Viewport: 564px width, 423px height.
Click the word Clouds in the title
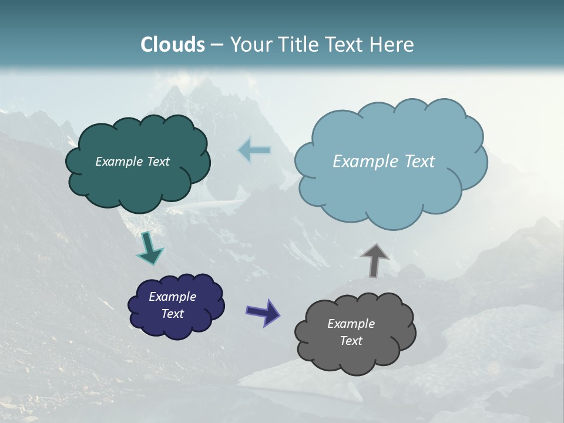click(x=173, y=45)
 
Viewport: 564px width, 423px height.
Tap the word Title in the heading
click(x=297, y=45)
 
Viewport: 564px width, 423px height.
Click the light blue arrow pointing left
click(x=254, y=150)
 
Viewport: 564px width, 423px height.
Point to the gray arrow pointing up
click(x=375, y=260)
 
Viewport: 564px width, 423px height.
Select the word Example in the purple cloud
click(x=172, y=297)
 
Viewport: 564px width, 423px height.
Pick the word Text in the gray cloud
click(x=351, y=341)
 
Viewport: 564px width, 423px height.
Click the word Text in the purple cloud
click(x=172, y=314)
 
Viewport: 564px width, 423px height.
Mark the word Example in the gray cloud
click(x=351, y=324)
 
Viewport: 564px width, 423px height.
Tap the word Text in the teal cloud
click(x=158, y=162)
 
